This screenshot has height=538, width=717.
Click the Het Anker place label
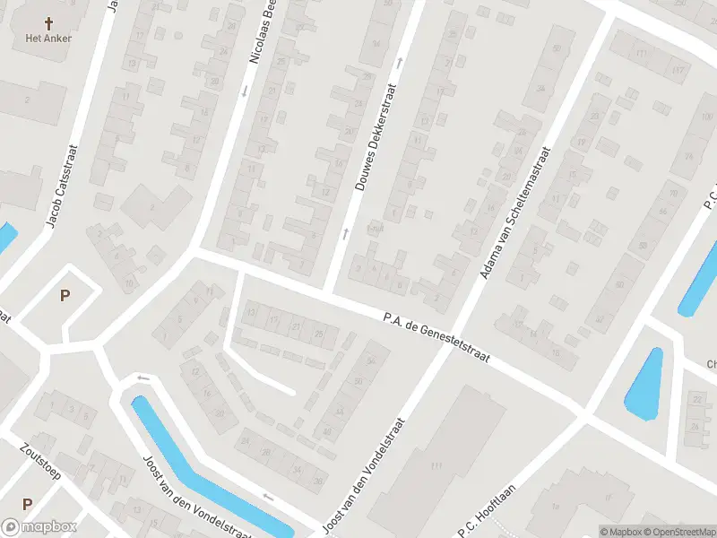(x=48, y=39)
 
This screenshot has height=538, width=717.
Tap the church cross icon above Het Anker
(x=48, y=22)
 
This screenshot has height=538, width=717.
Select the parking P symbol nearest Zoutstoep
(x=27, y=504)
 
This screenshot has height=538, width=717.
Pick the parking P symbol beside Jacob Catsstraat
(x=64, y=295)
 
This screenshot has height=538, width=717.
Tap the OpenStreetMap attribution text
(x=671, y=531)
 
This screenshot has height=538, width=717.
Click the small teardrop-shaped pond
(x=644, y=382)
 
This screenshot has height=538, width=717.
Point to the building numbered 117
(x=678, y=70)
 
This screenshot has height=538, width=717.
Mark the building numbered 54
(x=371, y=360)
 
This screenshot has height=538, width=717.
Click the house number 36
(x=318, y=482)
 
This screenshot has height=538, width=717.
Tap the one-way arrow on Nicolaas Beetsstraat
(x=243, y=90)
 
